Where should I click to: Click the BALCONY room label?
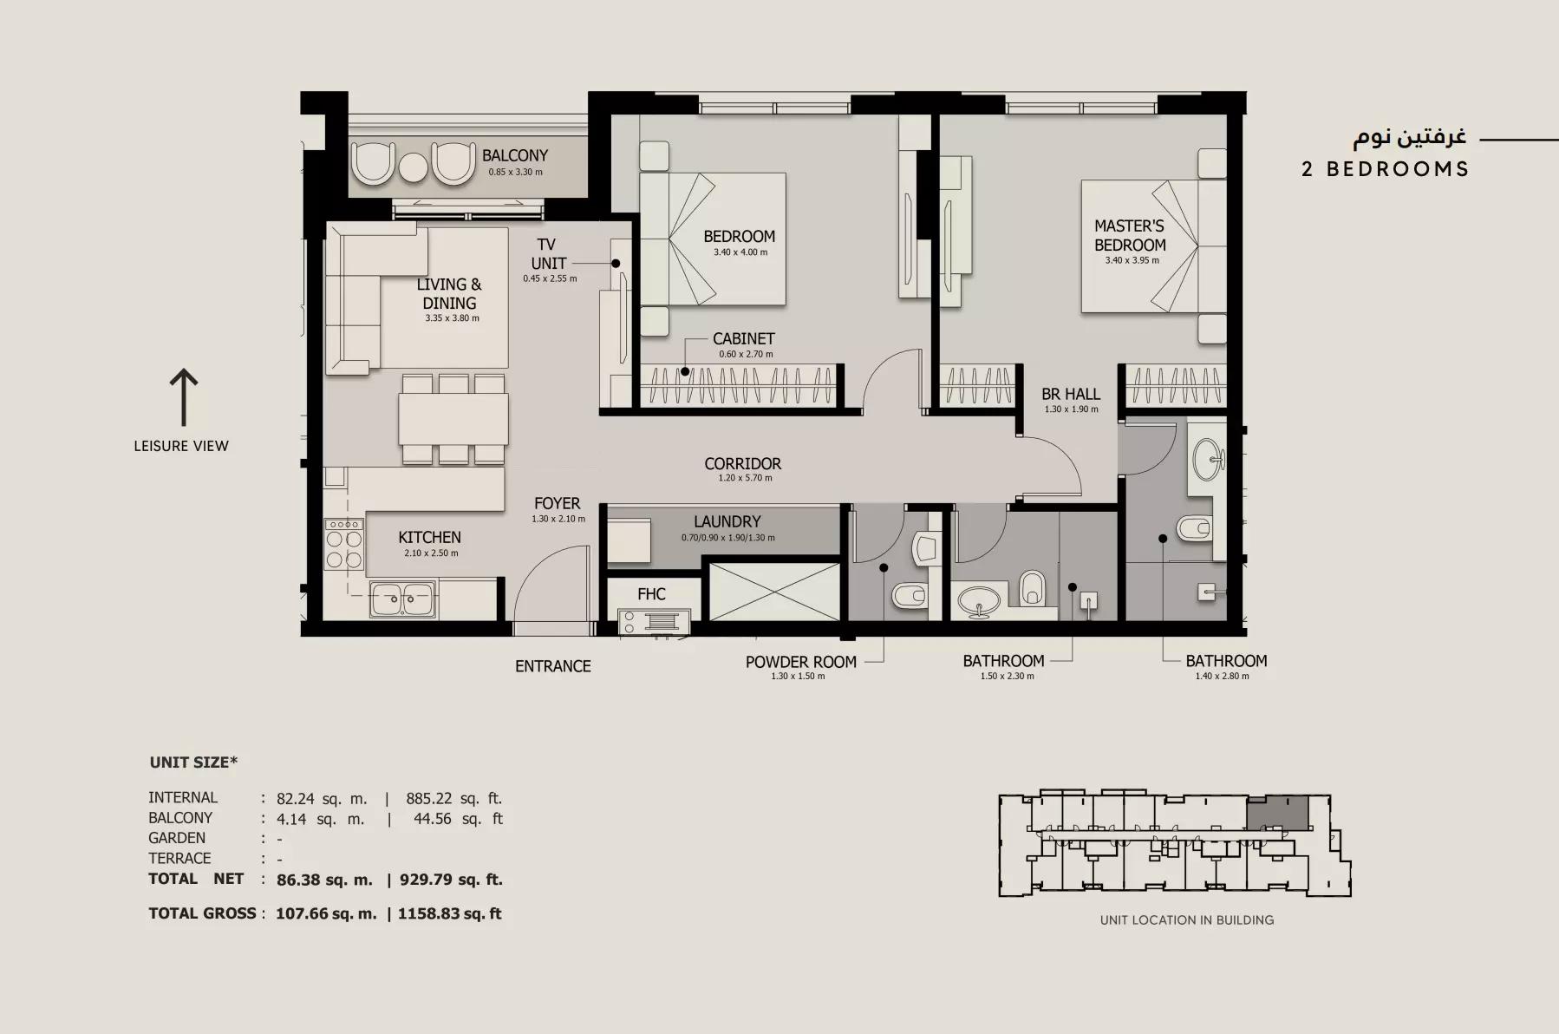click(515, 155)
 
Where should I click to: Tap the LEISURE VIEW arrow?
click(183, 397)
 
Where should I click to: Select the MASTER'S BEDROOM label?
click(1129, 235)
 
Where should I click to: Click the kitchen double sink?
click(402, 598)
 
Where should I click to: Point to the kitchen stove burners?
click(344, 544)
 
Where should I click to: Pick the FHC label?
click(651, 594)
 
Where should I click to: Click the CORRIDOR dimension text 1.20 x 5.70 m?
click(745, 478)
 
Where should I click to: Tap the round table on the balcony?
click(414, 167)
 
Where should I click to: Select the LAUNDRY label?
click(727, 521)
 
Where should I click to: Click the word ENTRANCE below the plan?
click(553, 666)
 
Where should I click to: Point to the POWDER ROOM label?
click(800, 662)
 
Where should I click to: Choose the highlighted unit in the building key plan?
click(1277, 813)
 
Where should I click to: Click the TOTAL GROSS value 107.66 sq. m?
click(326, 913)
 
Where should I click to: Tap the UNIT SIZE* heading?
click(193, 762)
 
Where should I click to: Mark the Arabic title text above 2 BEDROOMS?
click(1409, 137)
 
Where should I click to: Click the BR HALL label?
click(1070, 394)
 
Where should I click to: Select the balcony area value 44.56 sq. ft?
click(458, 818)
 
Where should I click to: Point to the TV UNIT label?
click(548, 253)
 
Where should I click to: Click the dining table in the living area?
click(453, 419)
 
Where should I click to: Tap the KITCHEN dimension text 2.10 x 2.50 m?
click(431, 553)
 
